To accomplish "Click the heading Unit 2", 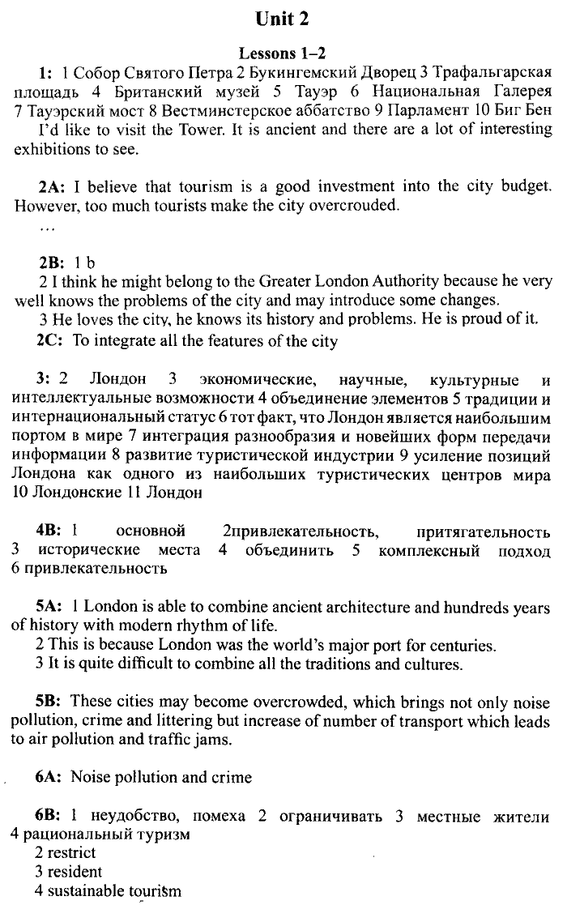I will coord(283,19).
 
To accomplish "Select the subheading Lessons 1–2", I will coord(283,53).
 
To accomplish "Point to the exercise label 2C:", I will coord(50,341).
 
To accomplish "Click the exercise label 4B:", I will coord(50,531).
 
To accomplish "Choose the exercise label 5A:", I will coord(51,607).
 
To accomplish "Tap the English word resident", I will coord(75,872).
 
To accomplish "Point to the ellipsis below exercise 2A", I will coord(46,228).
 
